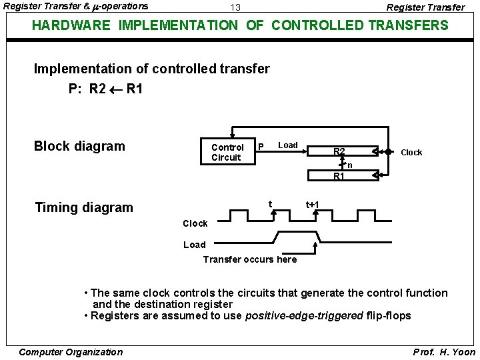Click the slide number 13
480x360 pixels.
pos(235,7)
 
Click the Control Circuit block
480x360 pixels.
pos(227,152)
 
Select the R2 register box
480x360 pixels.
pos(339,151)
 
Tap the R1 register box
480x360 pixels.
pos(339,176)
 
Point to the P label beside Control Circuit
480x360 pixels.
pos(261,147)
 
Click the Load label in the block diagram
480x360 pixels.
pos(288,145)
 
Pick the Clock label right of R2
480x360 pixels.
pos(411,152)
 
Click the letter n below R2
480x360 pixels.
pos(349,164)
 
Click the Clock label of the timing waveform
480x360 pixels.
pos(195,223)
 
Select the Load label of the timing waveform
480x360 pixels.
pos(195,245)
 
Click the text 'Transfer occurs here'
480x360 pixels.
pos(250,259)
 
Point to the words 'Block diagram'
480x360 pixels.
pos(79,146)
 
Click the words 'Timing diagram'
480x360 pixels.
pos(84,207)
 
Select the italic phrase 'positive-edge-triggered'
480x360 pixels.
pos(305,315)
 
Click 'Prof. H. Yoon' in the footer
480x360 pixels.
pos(445,352)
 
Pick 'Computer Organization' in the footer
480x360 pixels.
pos(71,352)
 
